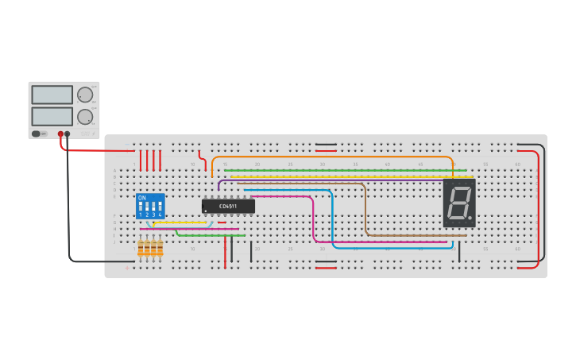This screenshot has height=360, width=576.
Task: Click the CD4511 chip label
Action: point(228,206)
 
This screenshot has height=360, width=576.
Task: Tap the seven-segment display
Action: point(459,203)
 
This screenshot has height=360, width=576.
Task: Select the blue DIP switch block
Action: point(151,206)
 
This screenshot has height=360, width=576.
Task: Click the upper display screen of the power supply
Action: point(52,95)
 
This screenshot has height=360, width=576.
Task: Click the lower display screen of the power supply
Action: point(52,116)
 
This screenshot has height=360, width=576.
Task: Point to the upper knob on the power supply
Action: point(84,95)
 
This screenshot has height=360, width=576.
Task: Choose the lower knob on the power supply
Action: point(84,116)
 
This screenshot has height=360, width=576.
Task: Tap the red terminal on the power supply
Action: point(60,134)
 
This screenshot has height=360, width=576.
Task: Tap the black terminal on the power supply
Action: point(68,134)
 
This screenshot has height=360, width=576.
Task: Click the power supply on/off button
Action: point(37,134)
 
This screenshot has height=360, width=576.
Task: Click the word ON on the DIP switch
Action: point(141,198)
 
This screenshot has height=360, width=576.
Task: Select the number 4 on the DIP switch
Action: point(160,215)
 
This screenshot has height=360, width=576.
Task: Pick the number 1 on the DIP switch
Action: point(141,215)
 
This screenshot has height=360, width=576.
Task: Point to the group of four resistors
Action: point(150,248)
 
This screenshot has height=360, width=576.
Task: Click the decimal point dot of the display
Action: point(471,218)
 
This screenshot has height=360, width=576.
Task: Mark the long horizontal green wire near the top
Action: point(334,170)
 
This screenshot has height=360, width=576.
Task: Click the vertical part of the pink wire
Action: point(313,219)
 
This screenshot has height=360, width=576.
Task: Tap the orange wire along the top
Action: point(334,157)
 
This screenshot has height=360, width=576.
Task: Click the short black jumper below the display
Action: point(459,251)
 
